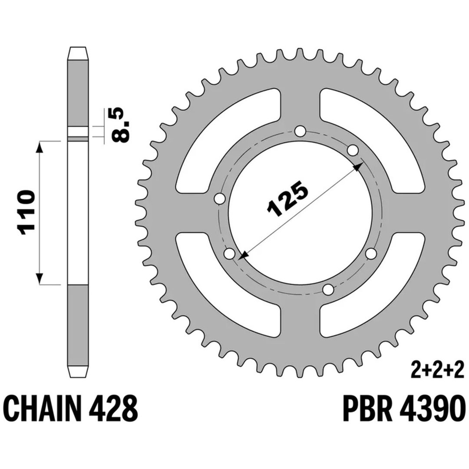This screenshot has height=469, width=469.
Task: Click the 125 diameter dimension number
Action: (287, 198)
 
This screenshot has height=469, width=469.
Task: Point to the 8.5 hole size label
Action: (121, 124)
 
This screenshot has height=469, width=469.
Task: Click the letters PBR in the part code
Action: (367, 408)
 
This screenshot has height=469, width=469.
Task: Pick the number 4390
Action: (432, 408)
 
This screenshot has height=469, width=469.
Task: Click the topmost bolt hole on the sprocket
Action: (300, 131)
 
